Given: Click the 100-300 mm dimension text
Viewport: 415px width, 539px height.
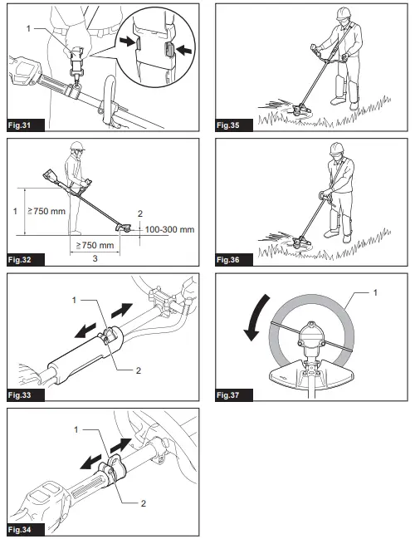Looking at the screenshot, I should [169, 228].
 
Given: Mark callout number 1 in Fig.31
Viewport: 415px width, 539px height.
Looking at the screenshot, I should [31, 31].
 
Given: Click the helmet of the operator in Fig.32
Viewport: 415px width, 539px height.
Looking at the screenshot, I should [77, 147].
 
